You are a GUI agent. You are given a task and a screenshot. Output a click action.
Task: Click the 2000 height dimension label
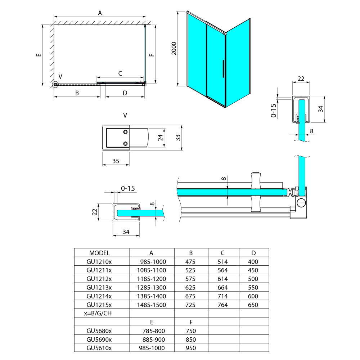(174, 49)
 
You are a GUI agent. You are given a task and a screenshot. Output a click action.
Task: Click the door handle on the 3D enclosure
(223, 69)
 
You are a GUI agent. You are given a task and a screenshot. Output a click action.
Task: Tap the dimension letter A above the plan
(100, 13)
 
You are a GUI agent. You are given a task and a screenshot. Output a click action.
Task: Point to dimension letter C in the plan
(120, 73)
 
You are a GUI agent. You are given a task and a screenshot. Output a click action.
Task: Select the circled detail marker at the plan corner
(55, 85)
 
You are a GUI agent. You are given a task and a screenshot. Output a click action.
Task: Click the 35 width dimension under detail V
(116, 161)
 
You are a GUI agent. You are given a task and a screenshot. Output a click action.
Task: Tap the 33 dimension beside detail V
(178, 138)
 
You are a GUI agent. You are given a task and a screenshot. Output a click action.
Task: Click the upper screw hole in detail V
(125, 132)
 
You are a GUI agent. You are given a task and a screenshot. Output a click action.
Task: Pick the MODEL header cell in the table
(99, 253)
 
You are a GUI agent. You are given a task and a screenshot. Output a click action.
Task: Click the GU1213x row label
(99, 287)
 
